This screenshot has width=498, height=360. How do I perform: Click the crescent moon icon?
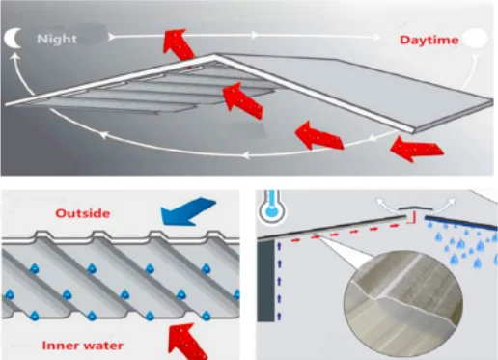pyautogui.click(x=12, y=38)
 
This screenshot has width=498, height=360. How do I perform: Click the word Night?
pyautogui.click(x=57, y=40)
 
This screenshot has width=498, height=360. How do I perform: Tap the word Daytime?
pyautogui.click(x=429, y=40)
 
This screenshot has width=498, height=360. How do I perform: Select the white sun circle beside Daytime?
pyautogui.click(x=475, y=39)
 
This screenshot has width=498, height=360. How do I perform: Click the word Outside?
pyautogui.click(x=83, y=213)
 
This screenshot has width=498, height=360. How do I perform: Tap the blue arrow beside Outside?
pyautogui.click(x=188, y=211)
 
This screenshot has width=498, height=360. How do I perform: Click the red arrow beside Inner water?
pyautogui.click(x=187, y=342)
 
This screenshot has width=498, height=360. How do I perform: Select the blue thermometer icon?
pyautogui.click(x=272, y=207)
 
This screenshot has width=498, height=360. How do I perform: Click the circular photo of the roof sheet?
pyautogui.click(x=403, y=304)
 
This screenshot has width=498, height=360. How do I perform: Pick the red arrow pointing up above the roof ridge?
pyautogui.click(x=179, y=45)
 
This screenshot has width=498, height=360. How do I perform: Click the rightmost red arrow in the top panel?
pyautogui.click(x=417, y=149)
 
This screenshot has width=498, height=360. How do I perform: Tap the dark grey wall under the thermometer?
pyautogui.click(x=265, y=281)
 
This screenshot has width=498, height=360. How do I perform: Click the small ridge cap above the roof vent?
pyautogui.click(x=412, y=208)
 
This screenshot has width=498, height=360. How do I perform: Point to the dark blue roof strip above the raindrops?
pyautogui.click(x=461, y=223)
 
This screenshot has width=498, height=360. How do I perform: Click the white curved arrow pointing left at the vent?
pyautogui.click(x=386, y=205)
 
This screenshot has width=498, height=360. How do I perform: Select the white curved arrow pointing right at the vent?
pyautogui.click(x=444, y=205)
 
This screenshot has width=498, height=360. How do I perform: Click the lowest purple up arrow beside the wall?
pyautogui.click(x=279, y=317)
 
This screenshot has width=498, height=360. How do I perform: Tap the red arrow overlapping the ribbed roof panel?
pyautogui.click(x=242, y=100)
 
